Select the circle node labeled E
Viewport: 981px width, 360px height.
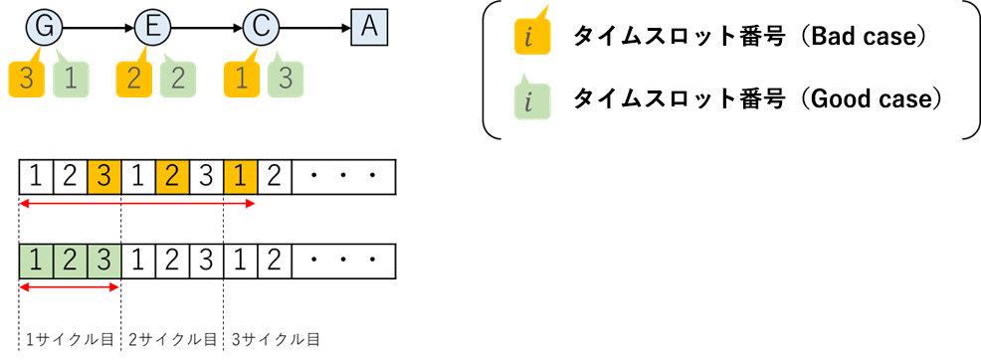click(x=151, y=27)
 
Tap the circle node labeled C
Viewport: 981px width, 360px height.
click(x=260, y=27)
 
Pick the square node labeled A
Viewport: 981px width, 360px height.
click(x=369, y=27)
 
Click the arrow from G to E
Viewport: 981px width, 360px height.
click(x=97, y=27)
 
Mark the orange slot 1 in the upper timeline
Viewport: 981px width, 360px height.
click(x=240, y=179)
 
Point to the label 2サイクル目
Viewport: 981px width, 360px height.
click(x=172, y=339)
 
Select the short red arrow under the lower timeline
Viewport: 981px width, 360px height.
click(x=70, y=289)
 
